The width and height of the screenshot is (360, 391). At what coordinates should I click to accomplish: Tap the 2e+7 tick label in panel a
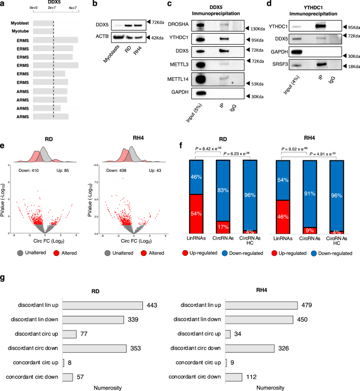[53, 8]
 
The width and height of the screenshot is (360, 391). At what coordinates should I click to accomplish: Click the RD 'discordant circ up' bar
[69, 334]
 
